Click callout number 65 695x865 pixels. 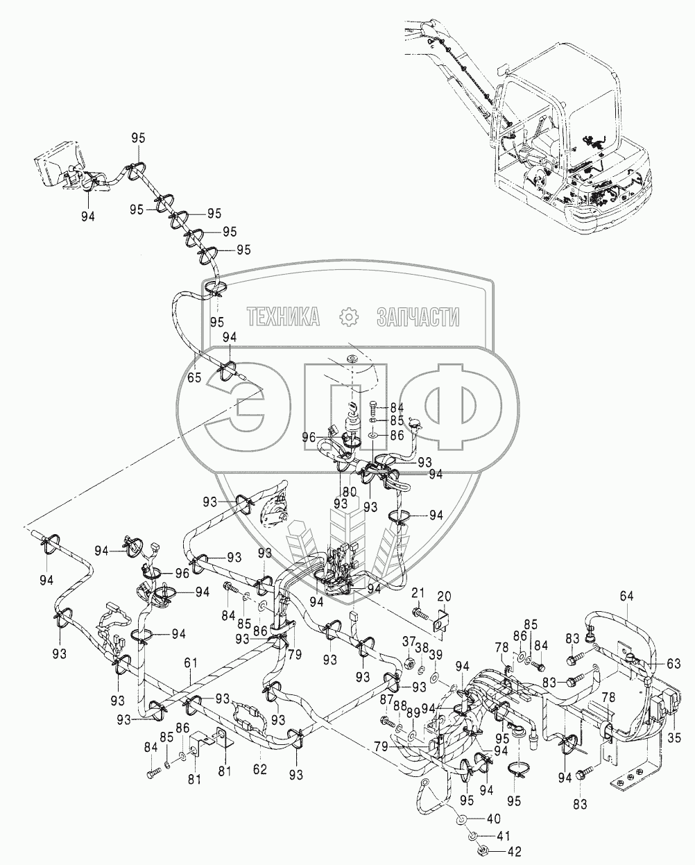[194, 378]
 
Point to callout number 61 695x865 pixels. [189, 664]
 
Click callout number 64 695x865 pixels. [627, 595]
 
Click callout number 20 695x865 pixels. [443, 596]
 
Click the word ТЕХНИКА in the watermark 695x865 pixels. [283, 318]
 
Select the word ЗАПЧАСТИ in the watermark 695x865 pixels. [418, 318]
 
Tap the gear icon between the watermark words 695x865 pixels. [348, 317]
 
